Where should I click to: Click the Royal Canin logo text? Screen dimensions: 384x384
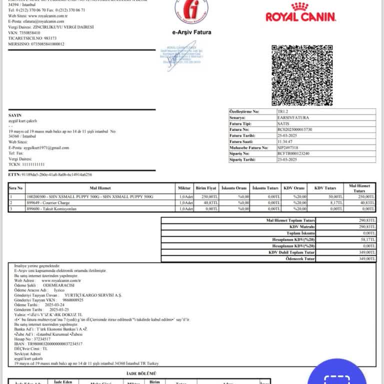pyautogui.click(x=300, y=17)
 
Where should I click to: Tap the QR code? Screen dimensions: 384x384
pyautogui.click(x=301, y=75)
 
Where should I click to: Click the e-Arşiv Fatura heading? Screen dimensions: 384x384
pyautogui.click(x=191, y=32)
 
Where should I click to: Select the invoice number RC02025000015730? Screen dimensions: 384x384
pyautogui.click(x=294, y=129)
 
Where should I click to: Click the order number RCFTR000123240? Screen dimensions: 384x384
pyautogui.click(x=293, y=153)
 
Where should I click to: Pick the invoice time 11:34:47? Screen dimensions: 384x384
pyautogui.click(x=285, y=141)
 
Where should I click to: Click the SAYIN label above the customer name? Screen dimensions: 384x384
pyautogui.click(x=15, y=115)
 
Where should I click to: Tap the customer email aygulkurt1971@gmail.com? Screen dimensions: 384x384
pyautogui.click(x=45, y=148)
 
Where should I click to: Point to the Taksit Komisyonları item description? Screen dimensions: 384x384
pyautogui.click(x=52, y=208)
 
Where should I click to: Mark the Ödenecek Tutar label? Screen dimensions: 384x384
pyautogui.click(x=300, y=258)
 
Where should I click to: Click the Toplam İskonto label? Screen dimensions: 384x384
pyautogui.click(x=300, y=233)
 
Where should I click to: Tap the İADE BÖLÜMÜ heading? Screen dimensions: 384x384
pyautogui.click(x=143, y=373)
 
